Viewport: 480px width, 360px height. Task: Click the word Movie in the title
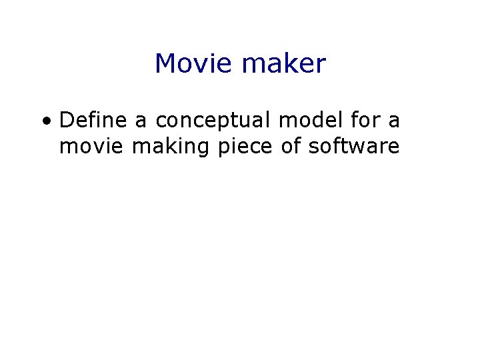[194, 64]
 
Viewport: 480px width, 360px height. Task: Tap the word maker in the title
[285, 64]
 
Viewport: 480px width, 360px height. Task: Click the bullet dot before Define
[45, 122]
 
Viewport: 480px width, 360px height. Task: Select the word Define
[93, 121]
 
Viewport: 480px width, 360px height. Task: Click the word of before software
[291, 146]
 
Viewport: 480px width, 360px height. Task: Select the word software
[353, 146]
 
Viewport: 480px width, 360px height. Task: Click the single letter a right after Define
[141, 122]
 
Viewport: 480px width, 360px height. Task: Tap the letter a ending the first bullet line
[394, 122]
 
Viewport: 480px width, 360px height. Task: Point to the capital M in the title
[165, 64]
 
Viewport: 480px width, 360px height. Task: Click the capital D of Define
[66, 121]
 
